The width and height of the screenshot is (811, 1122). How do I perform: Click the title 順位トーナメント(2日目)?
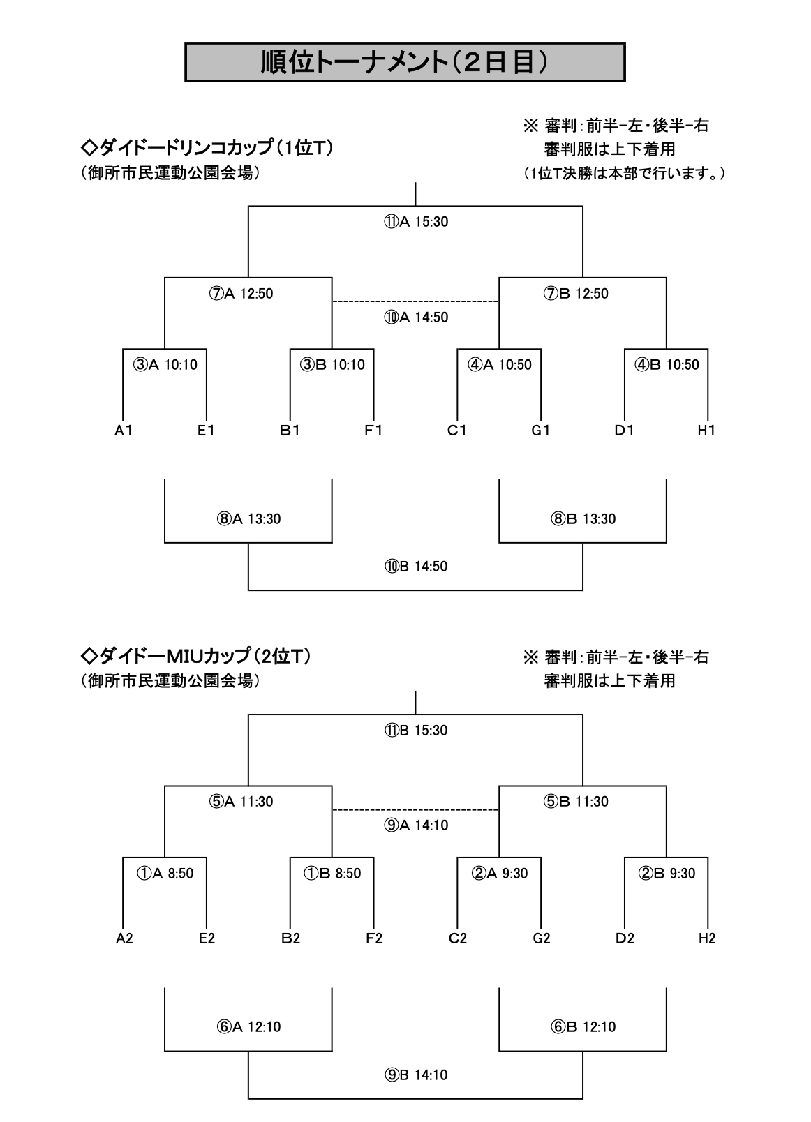tap(405, 62)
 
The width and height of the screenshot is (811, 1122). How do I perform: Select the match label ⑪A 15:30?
tap(416, 222)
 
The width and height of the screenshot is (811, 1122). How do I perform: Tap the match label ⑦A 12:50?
tap(241, 294)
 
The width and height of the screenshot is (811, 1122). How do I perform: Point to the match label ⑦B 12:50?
tap(576, 294)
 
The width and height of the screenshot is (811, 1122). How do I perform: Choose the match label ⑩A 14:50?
tap(416, 317)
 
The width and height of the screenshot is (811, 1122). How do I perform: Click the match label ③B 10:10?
tap(332, 365)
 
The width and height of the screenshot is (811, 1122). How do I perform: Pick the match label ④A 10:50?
tap(500, 365)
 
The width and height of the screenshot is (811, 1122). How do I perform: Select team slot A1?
tap(124, 431)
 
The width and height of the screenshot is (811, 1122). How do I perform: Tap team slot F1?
tap(373, 431)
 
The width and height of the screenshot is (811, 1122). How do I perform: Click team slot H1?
tap(706, 431)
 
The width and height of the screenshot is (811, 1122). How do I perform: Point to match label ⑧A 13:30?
tap(249, 519)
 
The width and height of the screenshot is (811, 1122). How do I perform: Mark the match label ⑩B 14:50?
tap(416, 567)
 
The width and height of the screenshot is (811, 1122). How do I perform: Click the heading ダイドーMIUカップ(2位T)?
tap(196, 656)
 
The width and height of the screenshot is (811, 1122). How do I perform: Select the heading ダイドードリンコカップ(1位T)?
tap(207, 148)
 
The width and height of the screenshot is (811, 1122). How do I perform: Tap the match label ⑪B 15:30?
tap(416, 731)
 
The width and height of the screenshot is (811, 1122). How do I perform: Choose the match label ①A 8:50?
tap(165, 874)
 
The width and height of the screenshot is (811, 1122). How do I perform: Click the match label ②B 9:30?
tap(667, 874)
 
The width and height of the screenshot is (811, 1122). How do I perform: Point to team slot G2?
tap(541, 938)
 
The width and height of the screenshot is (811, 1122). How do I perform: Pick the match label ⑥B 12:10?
tap(583, 1027)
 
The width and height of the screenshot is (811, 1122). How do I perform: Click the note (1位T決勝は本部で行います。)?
tap(624, 173)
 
